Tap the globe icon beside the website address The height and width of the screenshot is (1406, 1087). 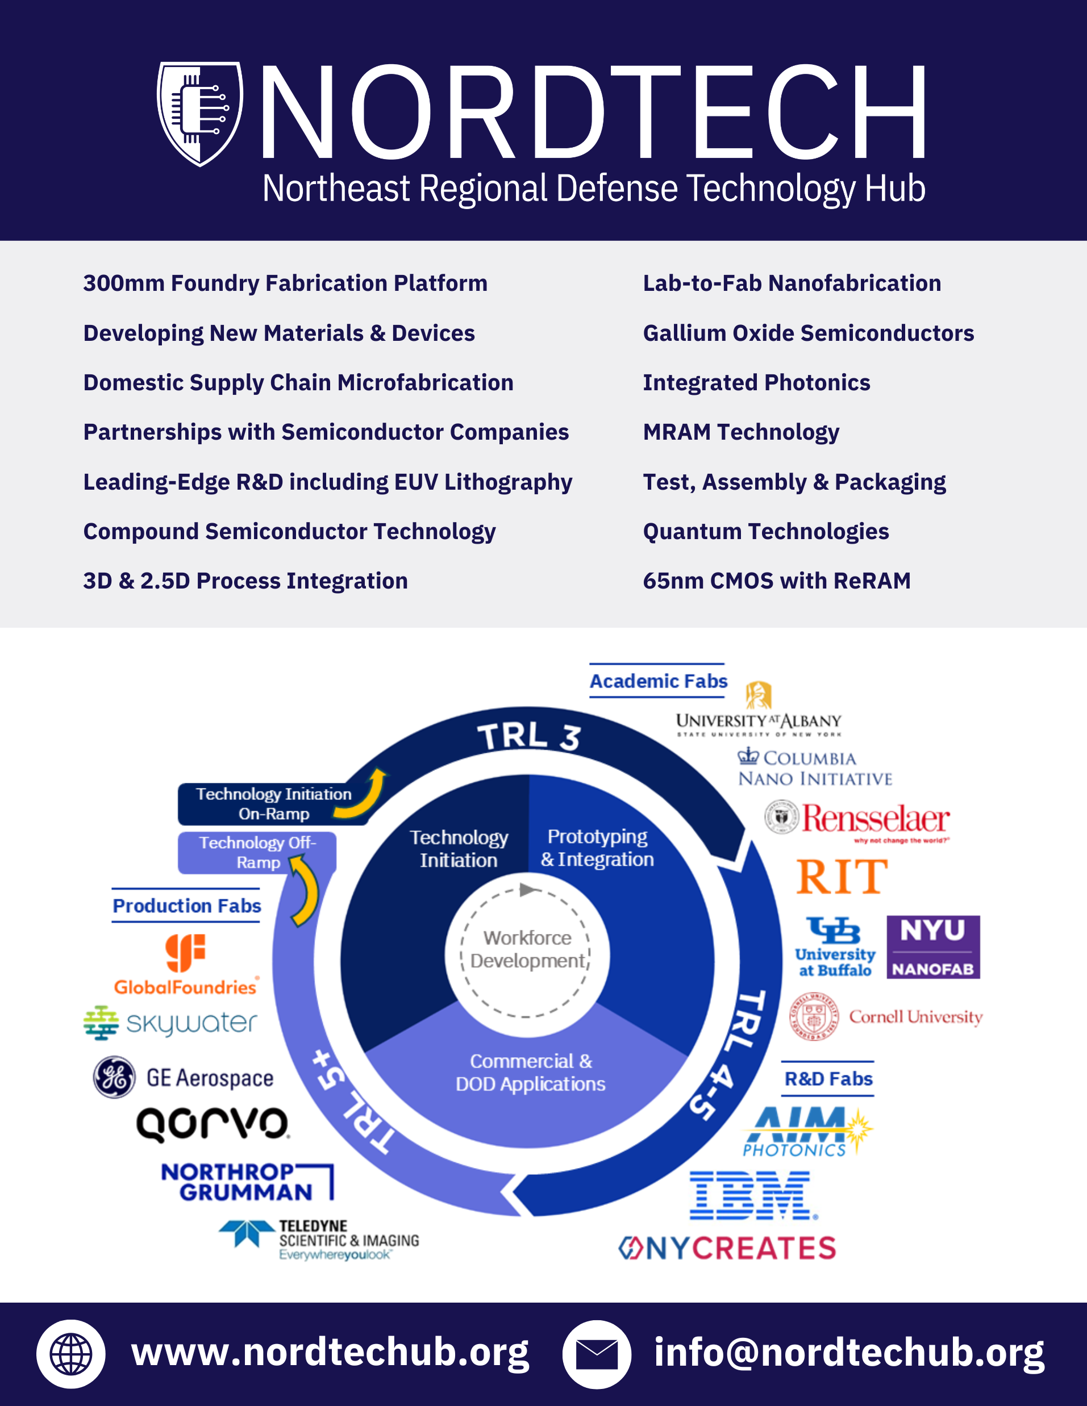(x=71, y=1354)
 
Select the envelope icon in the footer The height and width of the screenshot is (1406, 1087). (x=596, y=1354)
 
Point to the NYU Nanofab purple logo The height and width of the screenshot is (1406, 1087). (x=933, y=947)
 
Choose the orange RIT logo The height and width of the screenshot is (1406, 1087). (x=842, y=876)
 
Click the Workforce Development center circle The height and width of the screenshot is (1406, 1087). (x=527, y=950)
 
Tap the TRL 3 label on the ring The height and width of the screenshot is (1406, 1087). (x=528, y=736)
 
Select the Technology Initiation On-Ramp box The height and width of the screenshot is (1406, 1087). (x=273, y=803)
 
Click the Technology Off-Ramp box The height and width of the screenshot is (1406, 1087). (x=257, y=852)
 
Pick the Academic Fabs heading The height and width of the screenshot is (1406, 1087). (x=658, y=681)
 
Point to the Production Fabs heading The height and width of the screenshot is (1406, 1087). (x=187, y=906)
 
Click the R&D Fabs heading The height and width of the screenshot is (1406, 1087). (x=828, y=1079)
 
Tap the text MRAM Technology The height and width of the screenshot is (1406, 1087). (x=740, y=432)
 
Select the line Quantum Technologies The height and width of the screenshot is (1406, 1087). (x=765, y=532)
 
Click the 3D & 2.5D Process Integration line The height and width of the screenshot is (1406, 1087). (x=245, y=581)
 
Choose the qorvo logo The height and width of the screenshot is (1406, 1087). (x=213, y=1125)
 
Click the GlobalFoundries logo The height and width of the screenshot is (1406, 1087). (x=185, y=965)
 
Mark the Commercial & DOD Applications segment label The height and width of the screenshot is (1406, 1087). (x=530, y=1073)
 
